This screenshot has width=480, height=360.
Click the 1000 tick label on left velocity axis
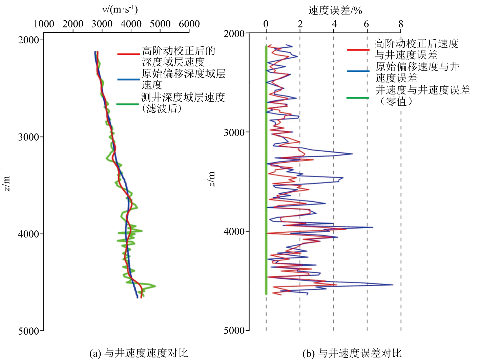tap(44, 24)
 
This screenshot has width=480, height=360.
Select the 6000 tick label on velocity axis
tap(189, 24)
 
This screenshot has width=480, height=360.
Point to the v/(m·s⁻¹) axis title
tap(120, 9)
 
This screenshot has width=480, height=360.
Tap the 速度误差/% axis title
tap(335, 11)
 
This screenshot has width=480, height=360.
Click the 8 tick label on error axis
tap(401, 24)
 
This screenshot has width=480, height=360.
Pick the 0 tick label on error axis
tap(266, 24)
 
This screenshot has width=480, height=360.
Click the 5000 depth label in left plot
tap(29, 331)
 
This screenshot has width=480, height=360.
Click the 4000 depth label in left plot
tap(29, 234)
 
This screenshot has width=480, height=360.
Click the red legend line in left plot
tap(128, 54)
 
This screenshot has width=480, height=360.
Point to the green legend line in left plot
tap(128, 104)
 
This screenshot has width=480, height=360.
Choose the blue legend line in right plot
tap(358, 71)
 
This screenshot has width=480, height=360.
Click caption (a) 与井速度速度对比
tap(138, 353)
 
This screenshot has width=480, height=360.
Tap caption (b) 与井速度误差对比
tap(352, 353)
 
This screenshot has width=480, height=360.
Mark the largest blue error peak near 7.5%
tap(392, 285)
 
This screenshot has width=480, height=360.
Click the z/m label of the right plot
tap(211, 179)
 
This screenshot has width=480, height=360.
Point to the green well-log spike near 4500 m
tap(154, 286)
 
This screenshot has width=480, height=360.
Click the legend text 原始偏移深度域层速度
tap(183, 79)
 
